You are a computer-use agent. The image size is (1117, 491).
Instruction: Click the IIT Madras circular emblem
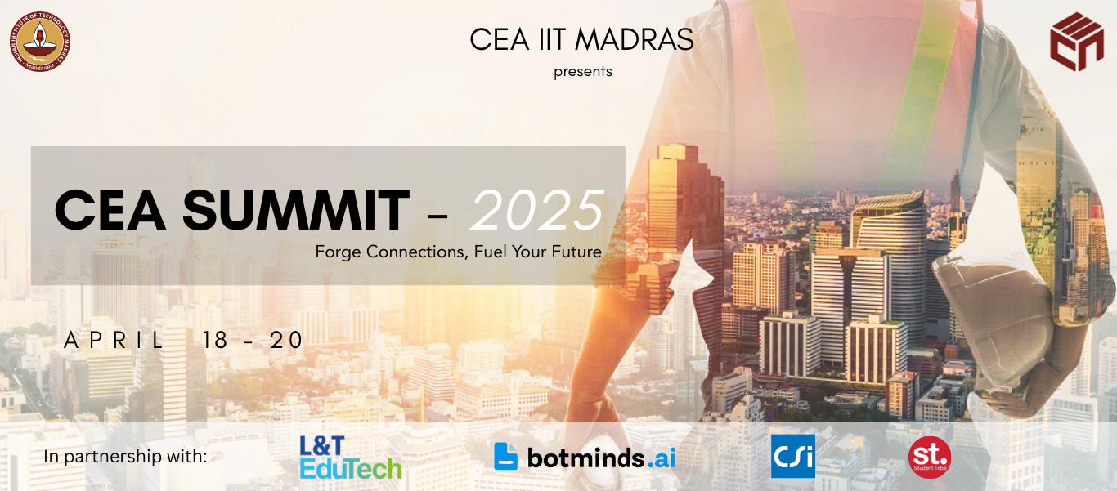(40, 42)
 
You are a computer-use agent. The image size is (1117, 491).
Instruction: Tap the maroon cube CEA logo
(1076, 42)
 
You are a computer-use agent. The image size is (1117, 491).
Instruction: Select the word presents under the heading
(582, 71)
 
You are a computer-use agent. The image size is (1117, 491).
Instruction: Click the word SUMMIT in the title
(295, 210)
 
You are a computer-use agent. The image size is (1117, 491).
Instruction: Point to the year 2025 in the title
(538, 211)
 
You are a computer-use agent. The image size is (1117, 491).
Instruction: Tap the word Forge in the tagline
(339, 252)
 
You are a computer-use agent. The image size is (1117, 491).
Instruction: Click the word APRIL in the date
(114, 341)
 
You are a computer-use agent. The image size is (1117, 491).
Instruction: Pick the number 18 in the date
(216, 341)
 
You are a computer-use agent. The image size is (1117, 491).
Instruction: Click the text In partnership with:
(125, 457)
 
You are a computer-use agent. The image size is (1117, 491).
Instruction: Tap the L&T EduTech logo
(350, 457)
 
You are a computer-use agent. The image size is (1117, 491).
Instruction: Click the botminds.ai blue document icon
(506, 456)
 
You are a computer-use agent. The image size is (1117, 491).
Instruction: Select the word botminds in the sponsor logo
(585, 458)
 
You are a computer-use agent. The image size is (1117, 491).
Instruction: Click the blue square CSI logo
(792, 456)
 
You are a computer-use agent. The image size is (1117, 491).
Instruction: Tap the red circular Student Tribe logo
(930, 457)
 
